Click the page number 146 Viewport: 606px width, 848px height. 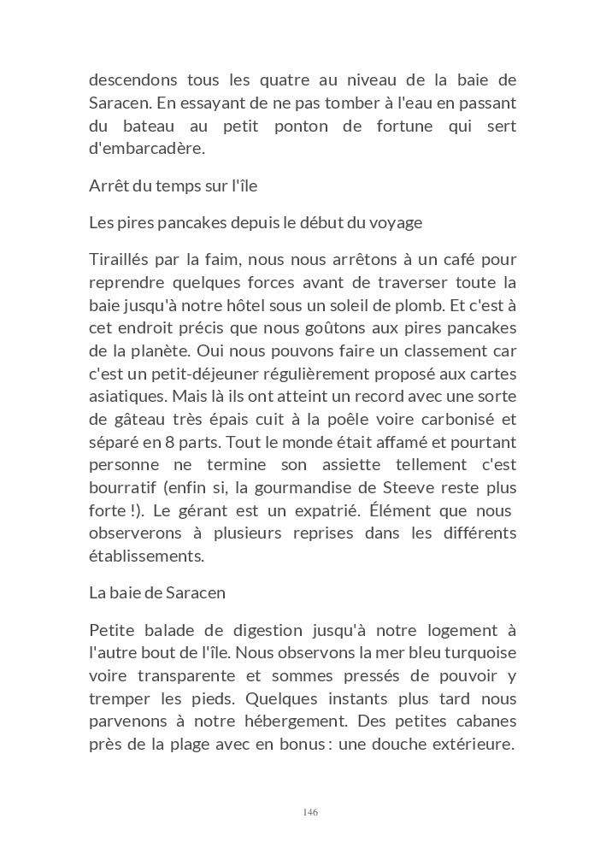pos(310,811)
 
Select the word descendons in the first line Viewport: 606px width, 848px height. pos(132,80)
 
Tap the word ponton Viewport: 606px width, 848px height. pos(309,126)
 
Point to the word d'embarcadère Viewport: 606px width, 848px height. pos(147,149)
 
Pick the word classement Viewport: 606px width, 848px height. pos(464,350)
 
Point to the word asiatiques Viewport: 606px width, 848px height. pos(126,396)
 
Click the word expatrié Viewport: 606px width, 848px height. pos(323,510)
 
